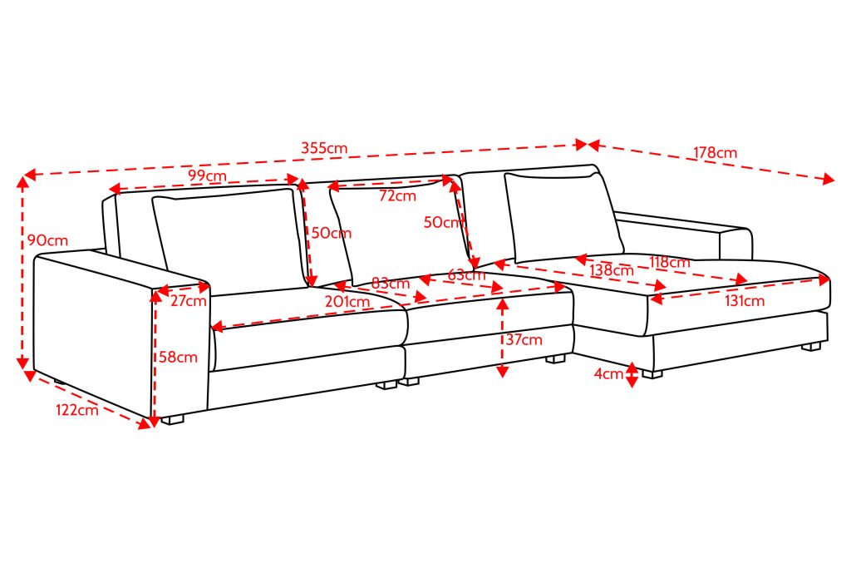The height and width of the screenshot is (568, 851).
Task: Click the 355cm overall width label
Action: point(324,148)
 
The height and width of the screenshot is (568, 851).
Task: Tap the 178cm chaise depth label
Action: point(715,152)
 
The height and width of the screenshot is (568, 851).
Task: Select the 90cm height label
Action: point(47,240)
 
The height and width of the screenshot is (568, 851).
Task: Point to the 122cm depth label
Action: point(77,409)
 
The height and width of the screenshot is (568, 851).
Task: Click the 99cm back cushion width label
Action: point(207,176)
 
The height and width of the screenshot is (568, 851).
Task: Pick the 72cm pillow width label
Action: point(397,196)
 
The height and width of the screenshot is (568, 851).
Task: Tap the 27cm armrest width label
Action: point(189,301)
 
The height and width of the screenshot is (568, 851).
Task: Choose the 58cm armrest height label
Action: point(178,358)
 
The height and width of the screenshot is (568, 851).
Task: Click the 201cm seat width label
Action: point(347,301)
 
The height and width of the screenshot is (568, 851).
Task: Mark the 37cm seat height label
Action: point(524,340)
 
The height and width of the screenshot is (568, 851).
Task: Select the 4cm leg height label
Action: point(608,373)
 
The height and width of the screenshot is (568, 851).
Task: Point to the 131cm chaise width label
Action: point(745,301)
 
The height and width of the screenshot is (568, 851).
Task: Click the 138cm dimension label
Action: point(612,270)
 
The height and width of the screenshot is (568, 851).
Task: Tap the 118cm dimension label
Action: point(670,263)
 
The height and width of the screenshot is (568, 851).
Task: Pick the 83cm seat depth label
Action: point(391,284)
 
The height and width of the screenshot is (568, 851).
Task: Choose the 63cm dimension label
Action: point(466,275)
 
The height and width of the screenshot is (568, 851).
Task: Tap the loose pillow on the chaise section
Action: point(563,217)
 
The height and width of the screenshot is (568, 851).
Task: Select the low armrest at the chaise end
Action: point(685,235)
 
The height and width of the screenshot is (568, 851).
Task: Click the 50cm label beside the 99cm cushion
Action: point(331,234)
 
